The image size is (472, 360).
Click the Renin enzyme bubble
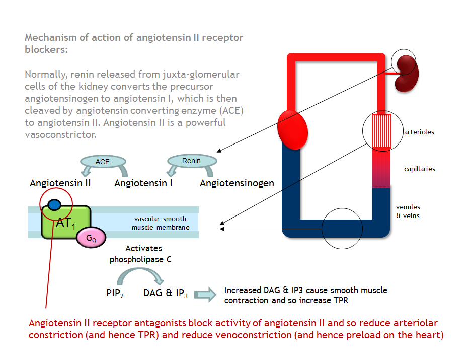191,161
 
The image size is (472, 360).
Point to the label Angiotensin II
60,183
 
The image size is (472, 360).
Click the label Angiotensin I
143,183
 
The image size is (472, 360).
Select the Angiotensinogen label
237,183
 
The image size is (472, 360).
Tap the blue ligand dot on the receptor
54,205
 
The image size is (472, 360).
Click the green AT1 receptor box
65,222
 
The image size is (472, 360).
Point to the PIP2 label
115,293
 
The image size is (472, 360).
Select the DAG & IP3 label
166,293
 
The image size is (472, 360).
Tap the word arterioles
419,132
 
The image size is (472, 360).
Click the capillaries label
420,169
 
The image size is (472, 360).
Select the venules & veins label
408,211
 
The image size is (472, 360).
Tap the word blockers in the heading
46,50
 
